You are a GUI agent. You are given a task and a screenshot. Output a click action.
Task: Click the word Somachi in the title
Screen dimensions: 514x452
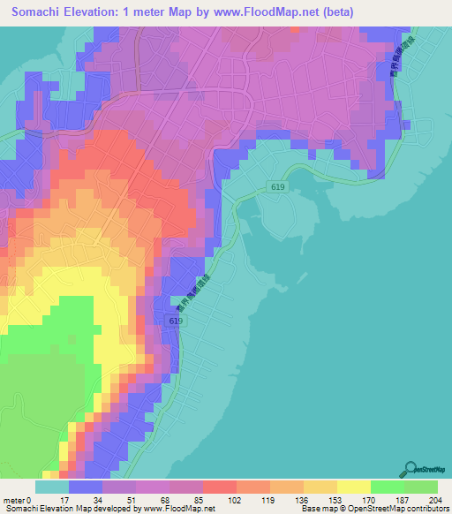tap(40, 12)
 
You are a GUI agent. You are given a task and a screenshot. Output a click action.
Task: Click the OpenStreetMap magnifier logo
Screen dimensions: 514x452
tap(412, 469)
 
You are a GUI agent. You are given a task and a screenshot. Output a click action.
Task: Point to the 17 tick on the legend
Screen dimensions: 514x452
tap(68, 499)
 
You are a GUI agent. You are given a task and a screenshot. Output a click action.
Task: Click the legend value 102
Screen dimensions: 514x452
tap(236, 499)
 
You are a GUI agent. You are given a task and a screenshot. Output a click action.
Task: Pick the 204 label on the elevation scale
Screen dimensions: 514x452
tap(436, 499)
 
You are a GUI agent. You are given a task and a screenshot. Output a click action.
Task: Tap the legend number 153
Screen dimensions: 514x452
tap(336, 499)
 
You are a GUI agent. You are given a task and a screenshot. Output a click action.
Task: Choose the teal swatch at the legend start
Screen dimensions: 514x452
tap(52, 487)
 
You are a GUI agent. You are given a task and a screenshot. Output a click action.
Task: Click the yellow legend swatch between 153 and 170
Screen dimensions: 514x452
tap(353, 487)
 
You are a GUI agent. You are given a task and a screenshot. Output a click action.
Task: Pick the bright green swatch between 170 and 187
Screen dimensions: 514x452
tap(387, 487)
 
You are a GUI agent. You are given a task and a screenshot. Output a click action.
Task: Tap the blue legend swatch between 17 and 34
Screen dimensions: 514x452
tap(86, 487)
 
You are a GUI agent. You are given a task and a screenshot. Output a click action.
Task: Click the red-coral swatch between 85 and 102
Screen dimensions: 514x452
tap(219, 487)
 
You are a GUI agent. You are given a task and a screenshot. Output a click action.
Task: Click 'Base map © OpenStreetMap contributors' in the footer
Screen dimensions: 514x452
tap(373, 509)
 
